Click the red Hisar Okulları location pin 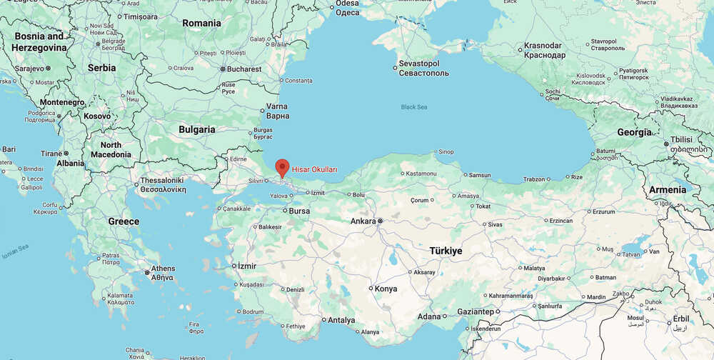click(282, 167)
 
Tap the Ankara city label click(363, 221)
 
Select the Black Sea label click(413, 107)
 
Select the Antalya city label click(341, 320)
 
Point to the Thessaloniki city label click(163, 181)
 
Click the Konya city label click(386, 289)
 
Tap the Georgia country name click(634, 132)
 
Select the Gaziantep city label click(476, 311)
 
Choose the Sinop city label click(446, 151)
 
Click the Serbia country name click(101, 68)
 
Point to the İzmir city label click(247, 266)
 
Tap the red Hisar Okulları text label click(314, 169)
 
